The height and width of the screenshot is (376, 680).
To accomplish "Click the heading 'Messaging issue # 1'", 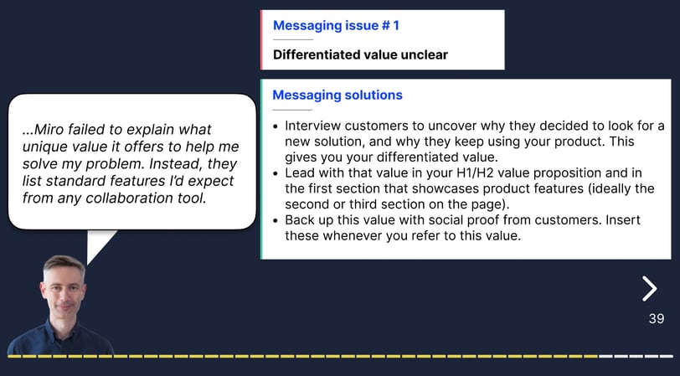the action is (336, 26).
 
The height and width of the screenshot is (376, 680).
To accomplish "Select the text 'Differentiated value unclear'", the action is (360, 54).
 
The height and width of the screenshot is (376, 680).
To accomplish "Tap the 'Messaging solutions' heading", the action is (337, 95).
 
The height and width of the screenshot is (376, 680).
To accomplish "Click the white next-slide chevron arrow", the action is (650, 288).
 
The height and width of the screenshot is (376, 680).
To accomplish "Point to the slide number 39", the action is (657, 319).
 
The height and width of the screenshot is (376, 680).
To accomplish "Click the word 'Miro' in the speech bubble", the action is (46, 129).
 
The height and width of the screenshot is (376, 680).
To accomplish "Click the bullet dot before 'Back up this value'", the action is (276, 221).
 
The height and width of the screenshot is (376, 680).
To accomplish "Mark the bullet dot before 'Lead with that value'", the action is (276, 173).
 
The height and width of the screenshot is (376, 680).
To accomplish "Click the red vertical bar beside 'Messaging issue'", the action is (261, 40).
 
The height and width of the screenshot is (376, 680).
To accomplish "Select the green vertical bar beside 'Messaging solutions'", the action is (261, 169).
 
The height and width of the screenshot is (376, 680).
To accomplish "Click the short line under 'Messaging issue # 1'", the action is (293, 40).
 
